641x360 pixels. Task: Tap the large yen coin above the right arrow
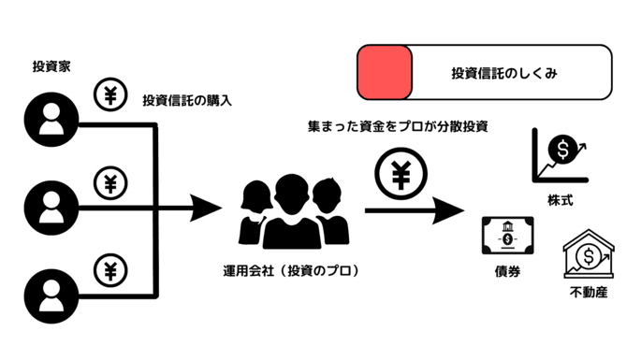click(x=401, y=175)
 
